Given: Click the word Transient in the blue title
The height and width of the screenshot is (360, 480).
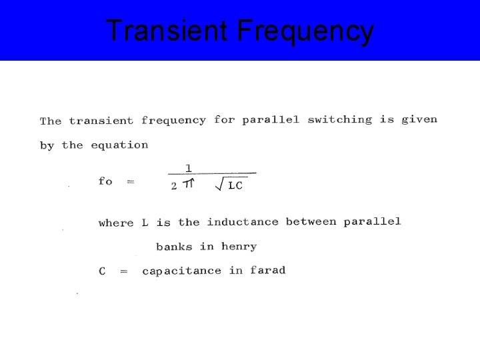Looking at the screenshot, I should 167,31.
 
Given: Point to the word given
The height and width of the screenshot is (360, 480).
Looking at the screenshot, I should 419,120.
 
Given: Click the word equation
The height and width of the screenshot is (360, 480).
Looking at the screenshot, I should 119,145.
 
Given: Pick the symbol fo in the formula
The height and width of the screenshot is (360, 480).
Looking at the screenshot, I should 105,181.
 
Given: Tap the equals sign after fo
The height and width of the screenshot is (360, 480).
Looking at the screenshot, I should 130,181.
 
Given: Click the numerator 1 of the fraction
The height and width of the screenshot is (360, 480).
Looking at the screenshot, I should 189,169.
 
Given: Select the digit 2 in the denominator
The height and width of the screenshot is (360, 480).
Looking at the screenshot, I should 174,186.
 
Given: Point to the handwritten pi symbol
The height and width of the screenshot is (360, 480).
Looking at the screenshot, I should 189,185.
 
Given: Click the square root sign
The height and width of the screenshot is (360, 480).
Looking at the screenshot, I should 219,185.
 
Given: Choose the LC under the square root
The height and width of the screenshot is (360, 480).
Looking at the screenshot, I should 235,186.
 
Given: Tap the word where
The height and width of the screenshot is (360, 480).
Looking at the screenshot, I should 116,223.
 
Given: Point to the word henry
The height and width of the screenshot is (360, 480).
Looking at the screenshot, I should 239,247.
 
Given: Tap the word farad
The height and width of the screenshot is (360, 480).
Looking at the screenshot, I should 268,270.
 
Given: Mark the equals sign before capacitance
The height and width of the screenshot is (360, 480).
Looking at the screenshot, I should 123,271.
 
